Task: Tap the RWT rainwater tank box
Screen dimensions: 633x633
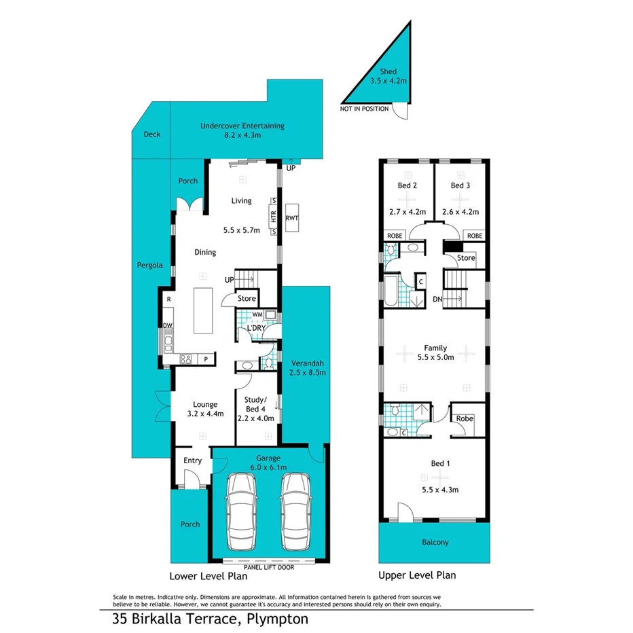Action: [x=292, y=218]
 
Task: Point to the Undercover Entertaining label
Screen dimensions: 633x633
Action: [x=242, y=126]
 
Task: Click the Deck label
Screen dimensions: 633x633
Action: [x=152, y=134]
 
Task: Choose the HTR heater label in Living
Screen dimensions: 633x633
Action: [x=274, y=217]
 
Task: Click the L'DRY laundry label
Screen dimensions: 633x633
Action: [x=255, y=328]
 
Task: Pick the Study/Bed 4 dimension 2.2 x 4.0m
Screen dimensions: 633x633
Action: [x=255, y=418]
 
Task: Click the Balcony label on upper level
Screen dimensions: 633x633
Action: [x=434, y=542]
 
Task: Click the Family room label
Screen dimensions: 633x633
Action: [x=435, y=348]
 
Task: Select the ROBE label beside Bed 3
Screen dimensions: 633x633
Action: [x=474, y=236]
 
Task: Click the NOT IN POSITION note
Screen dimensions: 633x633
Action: [x=365, y=109]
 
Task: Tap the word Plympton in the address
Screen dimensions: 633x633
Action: [x=278, y=619]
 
